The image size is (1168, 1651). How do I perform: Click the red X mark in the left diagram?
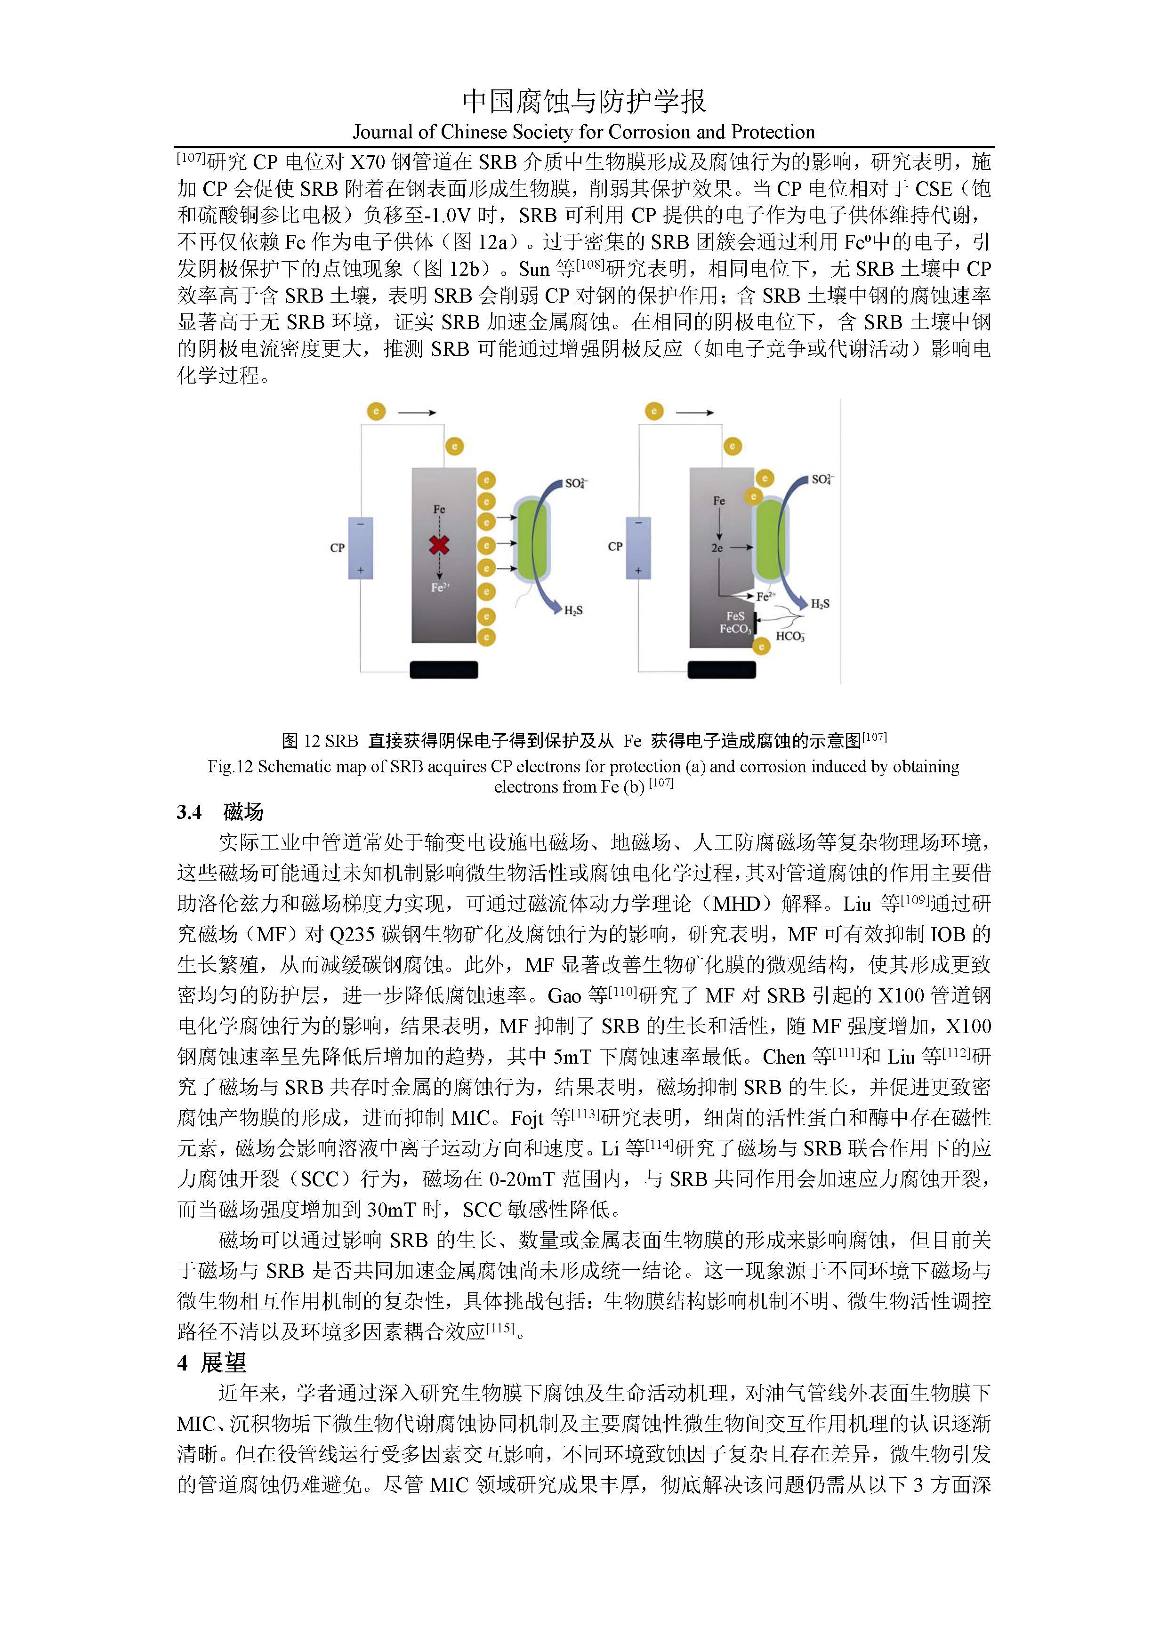[439, 545]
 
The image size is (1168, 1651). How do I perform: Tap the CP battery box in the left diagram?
[360, 548]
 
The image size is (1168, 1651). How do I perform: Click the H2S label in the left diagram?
[573, 610]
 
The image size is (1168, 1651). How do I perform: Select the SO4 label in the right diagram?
[822, 480]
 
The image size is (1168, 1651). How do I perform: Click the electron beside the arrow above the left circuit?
[376, 411]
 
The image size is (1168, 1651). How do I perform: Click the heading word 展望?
[223, 1362]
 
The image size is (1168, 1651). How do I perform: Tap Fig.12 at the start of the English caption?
[230, 767]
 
